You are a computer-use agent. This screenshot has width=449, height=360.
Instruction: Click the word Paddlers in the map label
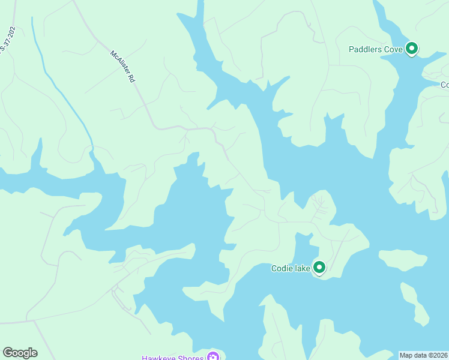tap(364, 49)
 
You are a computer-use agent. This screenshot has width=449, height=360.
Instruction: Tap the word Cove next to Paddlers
tap(393, 49)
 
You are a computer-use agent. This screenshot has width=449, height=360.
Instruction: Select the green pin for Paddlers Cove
tap(411, 48)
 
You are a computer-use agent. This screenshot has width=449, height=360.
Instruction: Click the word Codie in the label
tap(282, 268)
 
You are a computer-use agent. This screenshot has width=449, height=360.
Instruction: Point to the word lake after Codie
tap(302, 268)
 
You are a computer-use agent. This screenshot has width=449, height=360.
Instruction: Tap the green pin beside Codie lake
tap(319, 267)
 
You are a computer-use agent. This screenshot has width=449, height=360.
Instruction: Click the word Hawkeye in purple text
tap(159, 357)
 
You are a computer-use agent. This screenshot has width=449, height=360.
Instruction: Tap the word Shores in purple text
tap(191, 357)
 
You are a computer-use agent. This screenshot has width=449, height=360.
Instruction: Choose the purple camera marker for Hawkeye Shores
tap(212, 356)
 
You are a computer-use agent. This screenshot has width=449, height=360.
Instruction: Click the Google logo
tap(20, 353)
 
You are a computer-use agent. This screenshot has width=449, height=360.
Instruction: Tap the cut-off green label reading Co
tap(445, 85)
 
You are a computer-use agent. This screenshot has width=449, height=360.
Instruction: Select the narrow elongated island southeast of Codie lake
tap(415, 303)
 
